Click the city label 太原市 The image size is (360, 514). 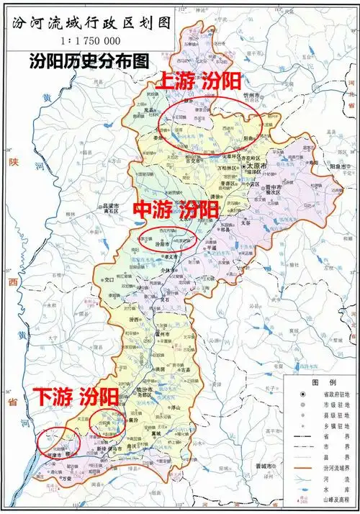tap(257, 166)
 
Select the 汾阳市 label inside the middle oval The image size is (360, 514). tap(165, 245)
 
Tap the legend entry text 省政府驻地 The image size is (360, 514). tap(330, 395)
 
